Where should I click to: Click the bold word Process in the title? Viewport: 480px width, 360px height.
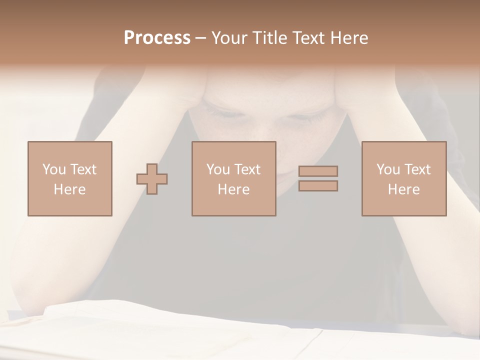[x=157, y=38]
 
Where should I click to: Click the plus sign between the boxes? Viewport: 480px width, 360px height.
[x=152, y=179]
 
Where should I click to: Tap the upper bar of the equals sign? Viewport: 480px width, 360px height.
[x=318, y=171]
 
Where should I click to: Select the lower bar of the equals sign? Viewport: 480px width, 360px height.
[x=318, y=185]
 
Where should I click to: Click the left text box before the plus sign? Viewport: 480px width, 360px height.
[x=70, y=178]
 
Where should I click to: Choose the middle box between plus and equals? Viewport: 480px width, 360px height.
[x=233, y=178]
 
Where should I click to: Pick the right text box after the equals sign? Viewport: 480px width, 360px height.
[x=403, y=178]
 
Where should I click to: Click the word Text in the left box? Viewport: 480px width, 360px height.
[x=83, y=169]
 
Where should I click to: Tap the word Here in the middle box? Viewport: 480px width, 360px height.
[x=233, y=189]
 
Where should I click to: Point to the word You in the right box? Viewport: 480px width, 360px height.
[x=388, y=169]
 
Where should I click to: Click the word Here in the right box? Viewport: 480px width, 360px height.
[x=403, y=189]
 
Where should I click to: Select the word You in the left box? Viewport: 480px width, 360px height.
[x=54, y=169]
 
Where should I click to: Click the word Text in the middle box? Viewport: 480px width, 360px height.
[x=247, y=169]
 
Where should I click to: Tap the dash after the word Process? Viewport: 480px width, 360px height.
[x=200, y=38]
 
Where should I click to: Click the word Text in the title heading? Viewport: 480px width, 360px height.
[x=307, y=38]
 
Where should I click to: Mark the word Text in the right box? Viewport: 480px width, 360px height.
[x=417, y=169]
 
